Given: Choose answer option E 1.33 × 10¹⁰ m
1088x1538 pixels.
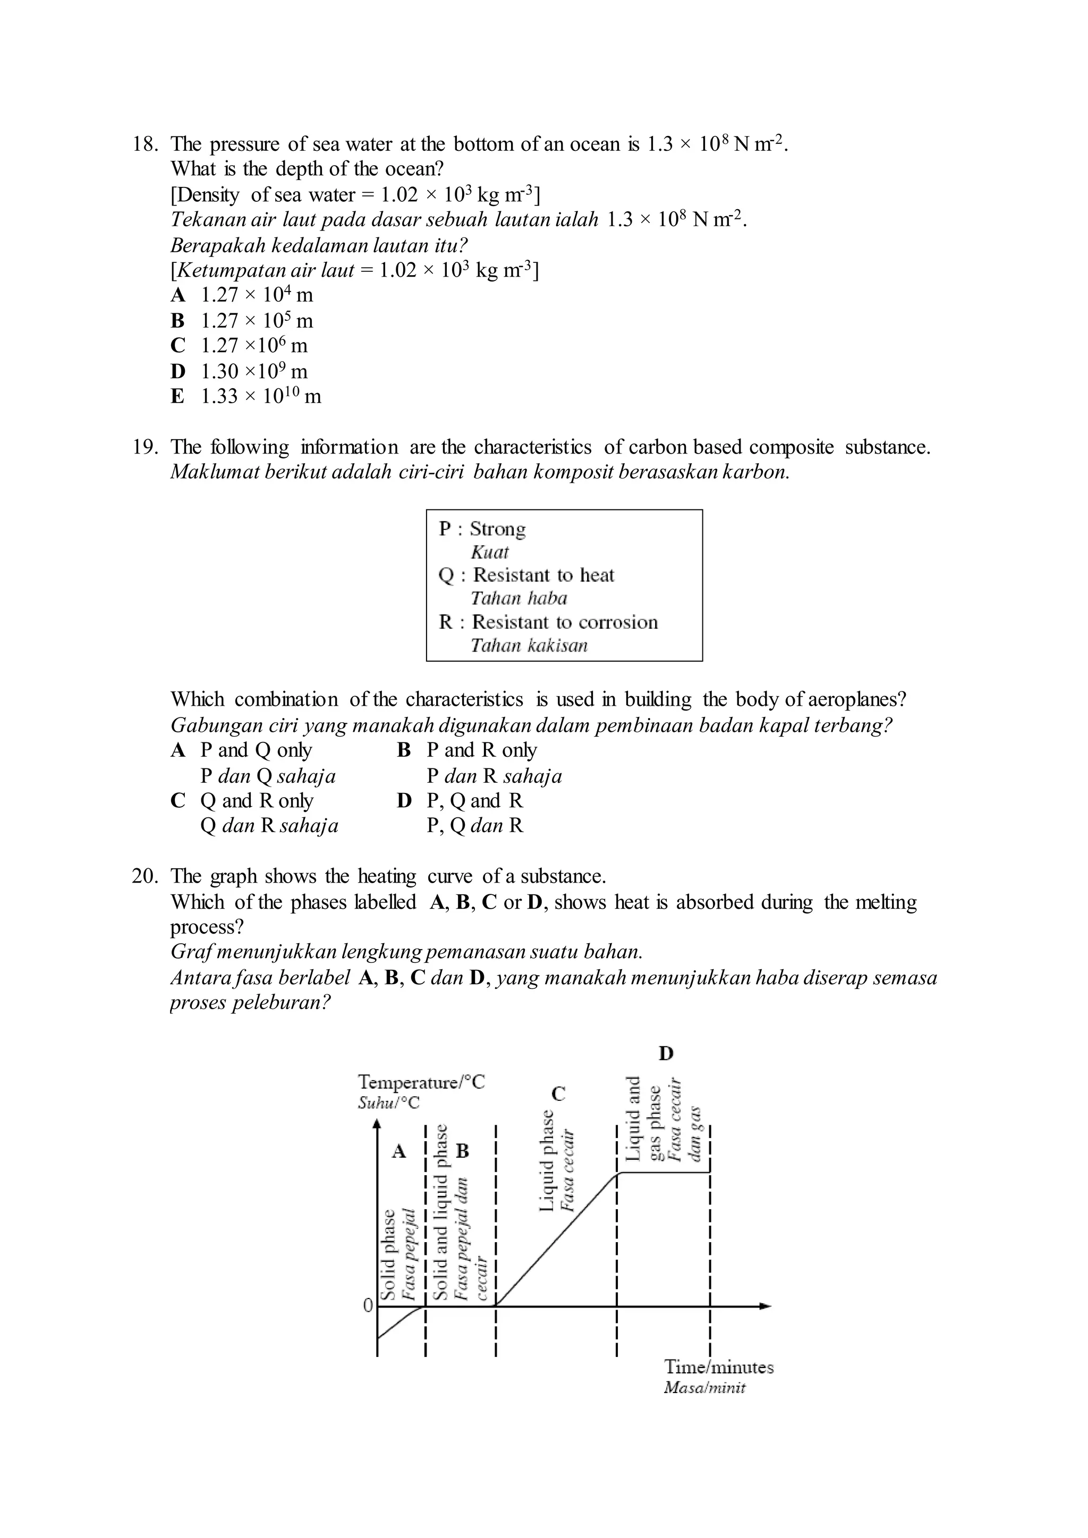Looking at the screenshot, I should (x=246, y=397).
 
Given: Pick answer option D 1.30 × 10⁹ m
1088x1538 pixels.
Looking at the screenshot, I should (x=240, y=371).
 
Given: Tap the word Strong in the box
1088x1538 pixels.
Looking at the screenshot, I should (x=497, y=529).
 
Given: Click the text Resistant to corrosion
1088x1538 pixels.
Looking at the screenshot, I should (x=565, y=622).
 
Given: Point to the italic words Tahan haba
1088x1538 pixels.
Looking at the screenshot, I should (x=518, y=598).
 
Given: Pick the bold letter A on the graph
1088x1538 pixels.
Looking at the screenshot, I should (x=399, y=1151).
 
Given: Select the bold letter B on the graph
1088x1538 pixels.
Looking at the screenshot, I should (x=462, y=1151).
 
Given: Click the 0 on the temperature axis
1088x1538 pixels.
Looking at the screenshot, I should (x=367, y=1305).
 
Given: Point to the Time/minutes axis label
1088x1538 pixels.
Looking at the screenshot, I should (x=718, y=1367).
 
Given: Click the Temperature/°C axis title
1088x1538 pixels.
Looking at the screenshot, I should (x=421, y=1082).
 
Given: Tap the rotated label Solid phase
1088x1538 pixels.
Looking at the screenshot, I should (x=388, y=1254).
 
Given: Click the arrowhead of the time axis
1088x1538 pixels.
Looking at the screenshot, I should (x=765, y=1306).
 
